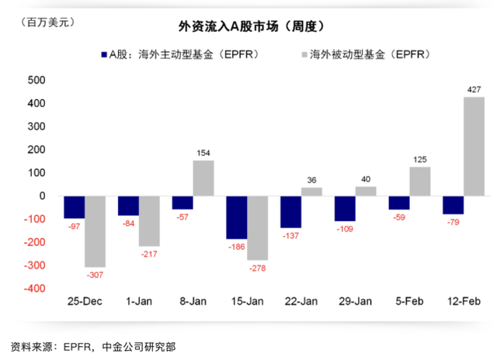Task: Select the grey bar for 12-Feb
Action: (x=474, y=147)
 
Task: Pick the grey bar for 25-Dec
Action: (x=96, y=231)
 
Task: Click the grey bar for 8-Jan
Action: (x=203, y=178)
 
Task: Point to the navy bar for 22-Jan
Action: (x=291, y=211)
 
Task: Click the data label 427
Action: (x=474, y=90)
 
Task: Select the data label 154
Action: (x=203, y=153)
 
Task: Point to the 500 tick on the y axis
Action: (x=36, y=80)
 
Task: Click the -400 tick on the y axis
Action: (x=34, y=289)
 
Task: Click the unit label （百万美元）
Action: (x=44, y=22)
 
